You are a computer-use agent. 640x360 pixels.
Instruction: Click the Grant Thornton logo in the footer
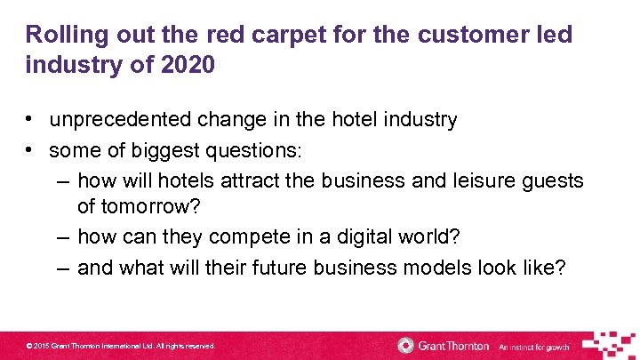[x=442, y=345]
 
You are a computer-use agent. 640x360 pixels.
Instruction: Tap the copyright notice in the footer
[x=121, y=346]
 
